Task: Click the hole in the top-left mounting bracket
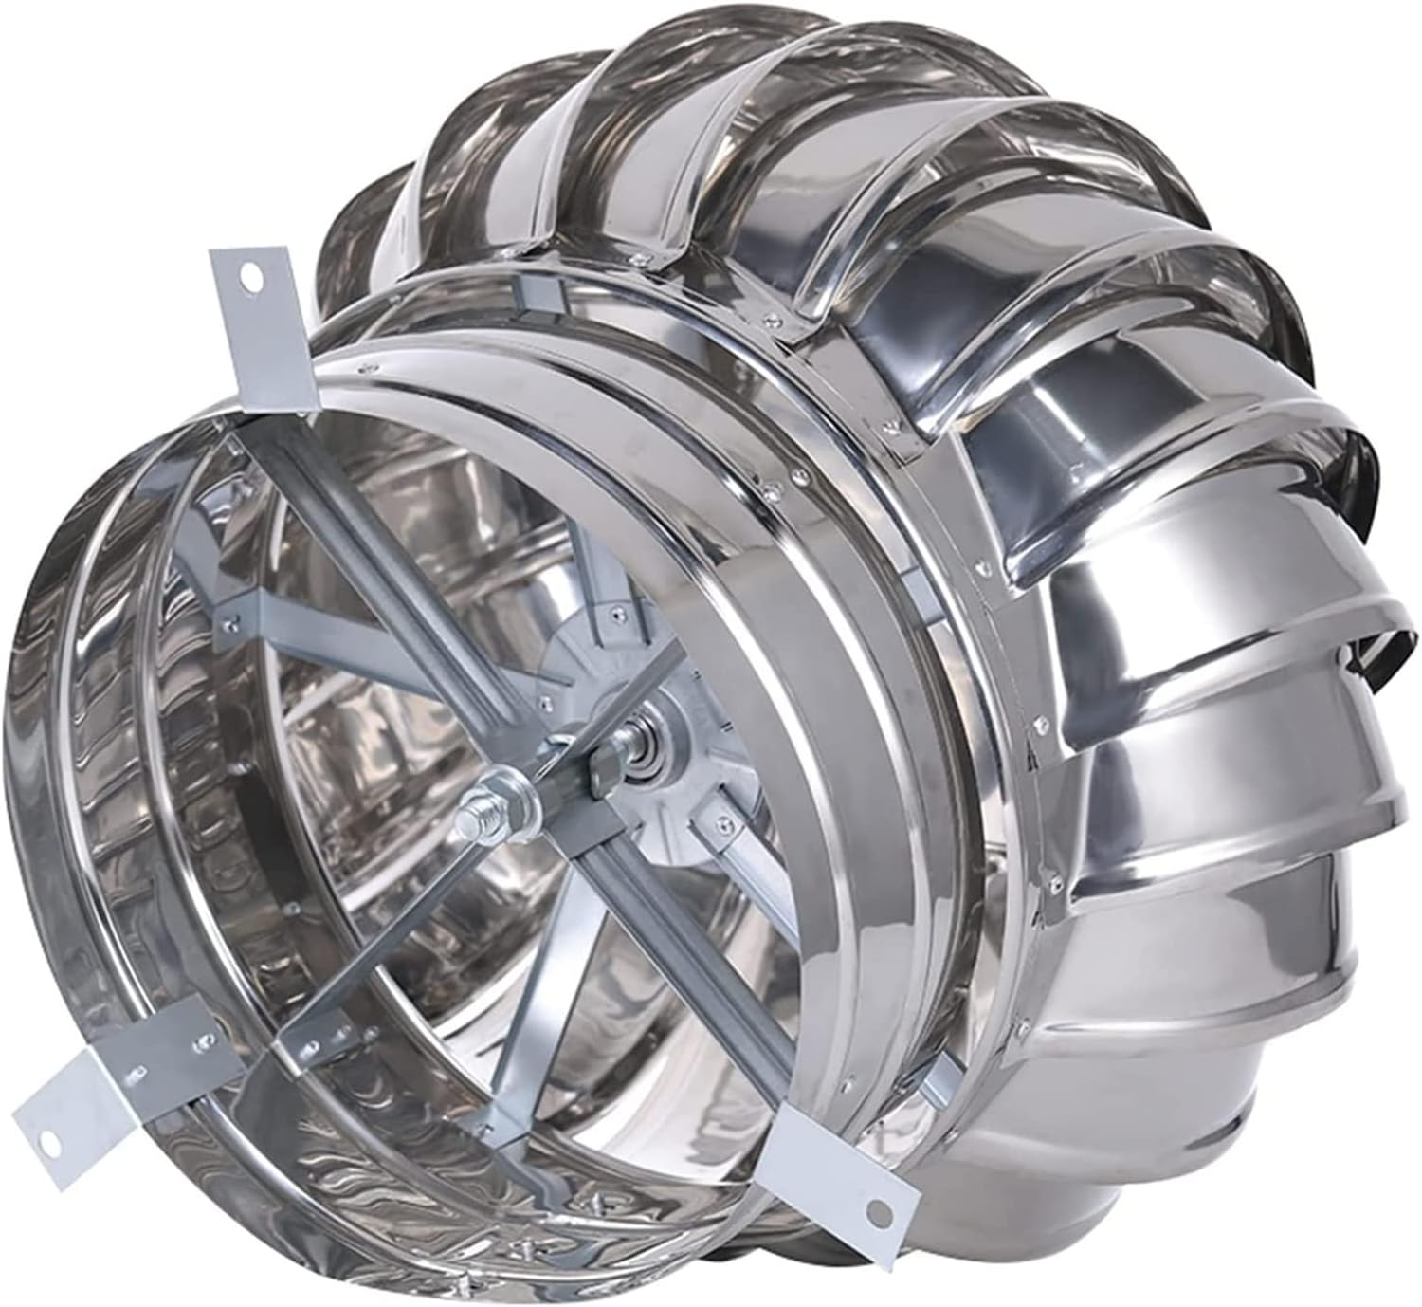pos(250,280)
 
